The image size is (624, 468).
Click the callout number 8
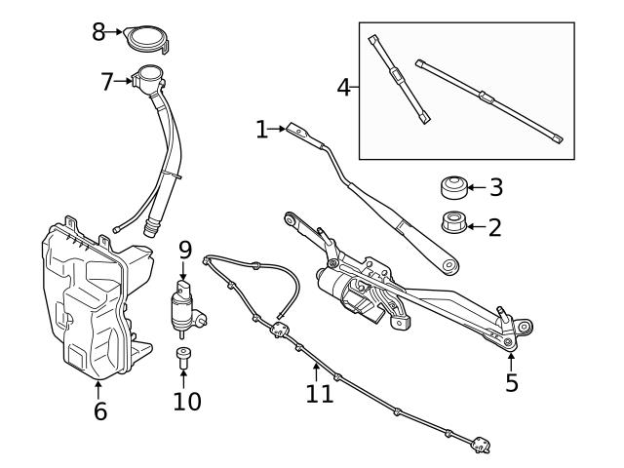[x=98, y=31]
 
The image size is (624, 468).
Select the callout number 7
[x=107, y=81]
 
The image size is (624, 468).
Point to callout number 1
[x=261, y=129]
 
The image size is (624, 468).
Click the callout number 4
[x=343, y=87]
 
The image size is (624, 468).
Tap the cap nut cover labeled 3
[x=451, y=186]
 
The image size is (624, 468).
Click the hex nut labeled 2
[x=451, y=223]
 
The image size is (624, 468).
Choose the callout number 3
[x=495, y=186]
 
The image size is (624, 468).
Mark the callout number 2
[x=494, y=227]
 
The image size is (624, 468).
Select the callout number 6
[x=99, y=410]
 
